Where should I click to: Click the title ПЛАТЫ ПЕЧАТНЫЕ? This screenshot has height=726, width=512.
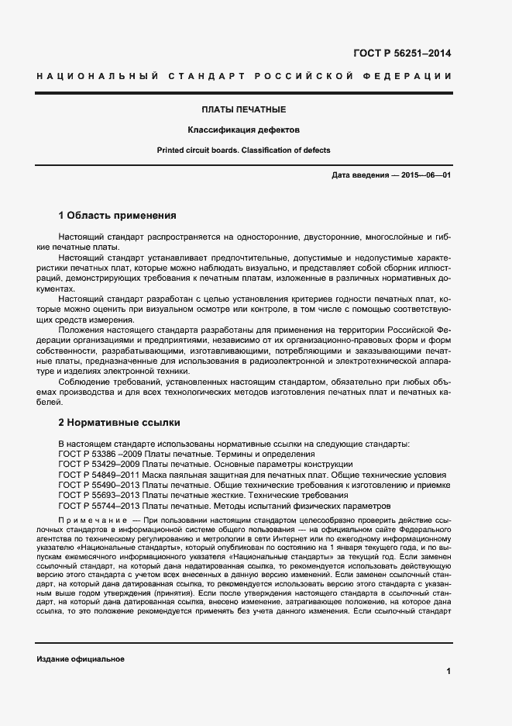click(x=244, y=110)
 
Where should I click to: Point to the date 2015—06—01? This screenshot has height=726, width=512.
click(x=424, y=176)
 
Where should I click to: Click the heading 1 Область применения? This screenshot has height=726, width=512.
click(x=118, y=215)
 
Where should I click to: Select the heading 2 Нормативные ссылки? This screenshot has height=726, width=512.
click(x=119, y=423)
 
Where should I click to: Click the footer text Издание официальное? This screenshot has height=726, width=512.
click(x=81, y=659)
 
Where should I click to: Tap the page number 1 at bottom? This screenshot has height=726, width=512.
click(x=448, y=671)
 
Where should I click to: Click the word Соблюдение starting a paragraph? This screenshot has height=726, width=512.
click(x=84, y=382)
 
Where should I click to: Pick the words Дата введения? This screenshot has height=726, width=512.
click(x=359, y=176)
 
